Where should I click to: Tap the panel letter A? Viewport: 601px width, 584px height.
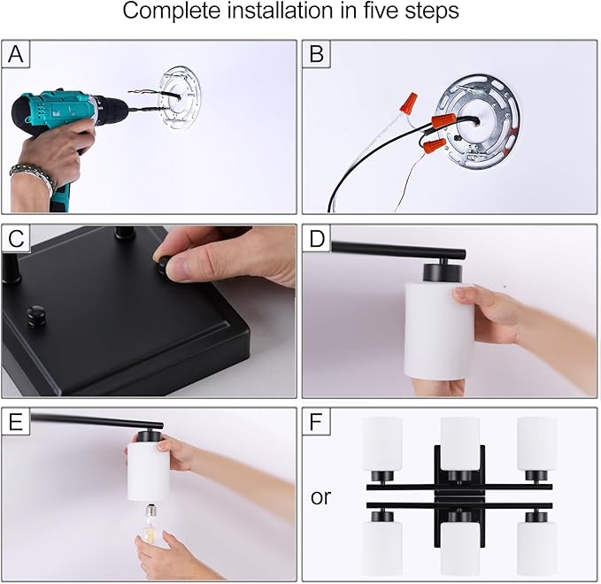16,54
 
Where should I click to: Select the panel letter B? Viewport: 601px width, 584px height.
317,54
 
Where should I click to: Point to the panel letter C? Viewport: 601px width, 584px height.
16,239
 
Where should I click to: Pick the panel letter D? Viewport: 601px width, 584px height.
317,239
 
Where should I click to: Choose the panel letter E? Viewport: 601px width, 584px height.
15,422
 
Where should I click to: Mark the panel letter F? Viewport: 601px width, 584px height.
316,422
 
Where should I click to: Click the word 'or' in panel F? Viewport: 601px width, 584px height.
320,497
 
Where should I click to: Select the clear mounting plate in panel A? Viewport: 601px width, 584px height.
179,98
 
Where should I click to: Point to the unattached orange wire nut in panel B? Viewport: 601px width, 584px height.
409,103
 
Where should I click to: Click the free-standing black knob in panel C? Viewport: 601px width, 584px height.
36,316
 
